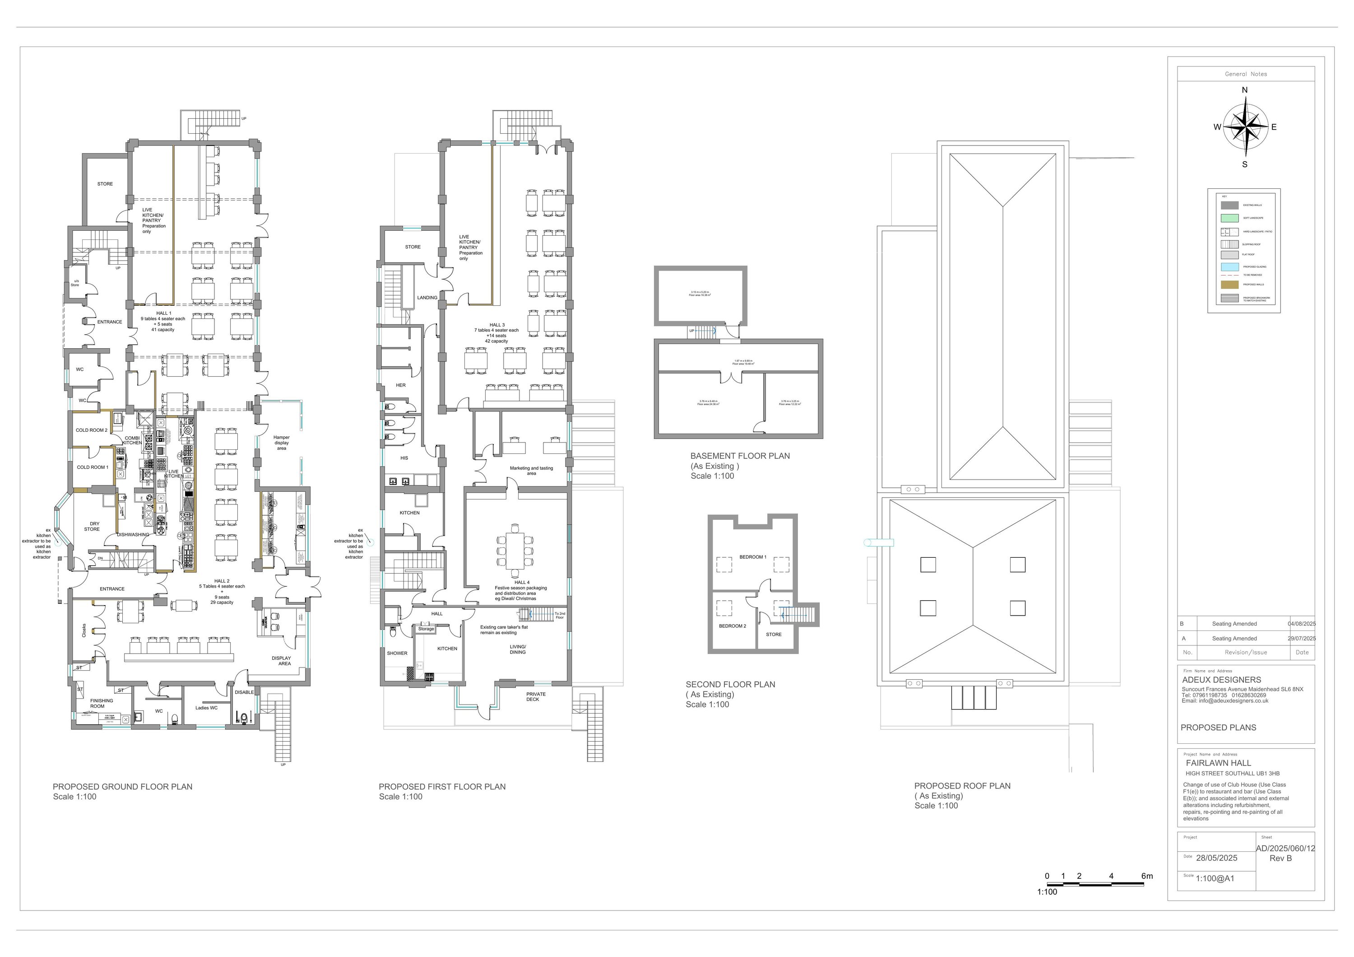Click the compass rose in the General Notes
click(1245, 127)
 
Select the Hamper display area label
click(281, 443)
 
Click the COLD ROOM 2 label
click(92, 430)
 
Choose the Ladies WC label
click(206, 707)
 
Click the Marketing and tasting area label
click(531, 470)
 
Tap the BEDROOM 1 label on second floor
click(752, 557)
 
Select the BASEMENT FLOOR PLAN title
click(740, 456)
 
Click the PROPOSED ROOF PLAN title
click(962, 786)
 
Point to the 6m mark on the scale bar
click(1146, 876)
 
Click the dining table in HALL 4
click(515, 551)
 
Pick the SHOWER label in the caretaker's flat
click(397, 653)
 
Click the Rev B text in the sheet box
click(1280, 858)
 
